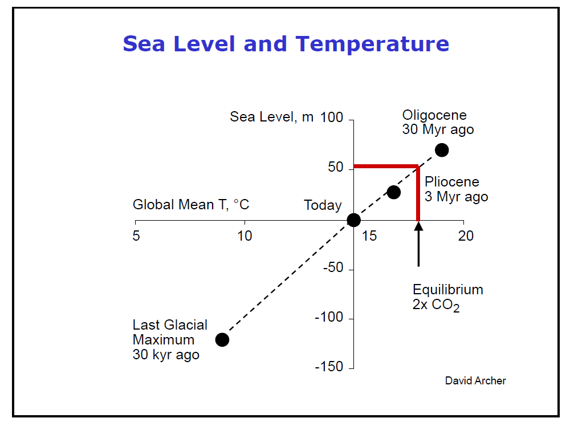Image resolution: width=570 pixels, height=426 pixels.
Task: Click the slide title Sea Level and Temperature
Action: [x=286, y=44]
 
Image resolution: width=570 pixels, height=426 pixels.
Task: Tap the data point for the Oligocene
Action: [x=441, y=150]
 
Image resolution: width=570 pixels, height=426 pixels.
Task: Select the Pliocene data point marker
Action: [x=393, y=192]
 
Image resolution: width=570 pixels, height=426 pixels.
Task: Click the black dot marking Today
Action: [x=353, y=220]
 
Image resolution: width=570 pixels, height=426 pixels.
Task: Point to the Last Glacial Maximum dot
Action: [x=222, y=340]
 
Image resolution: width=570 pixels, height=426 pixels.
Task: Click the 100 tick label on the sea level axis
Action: [x=332, y=118]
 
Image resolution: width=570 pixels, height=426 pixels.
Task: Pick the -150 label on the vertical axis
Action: [x=329, y=367]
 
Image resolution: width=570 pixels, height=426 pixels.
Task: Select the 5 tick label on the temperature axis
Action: [x=136, y=236]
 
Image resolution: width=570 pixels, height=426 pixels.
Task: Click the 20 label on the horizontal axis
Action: [x=466, y=236]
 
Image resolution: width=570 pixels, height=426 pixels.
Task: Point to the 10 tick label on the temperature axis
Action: [x=245, y=236]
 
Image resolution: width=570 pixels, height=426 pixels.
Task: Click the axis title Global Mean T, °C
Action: [x=191, y=205]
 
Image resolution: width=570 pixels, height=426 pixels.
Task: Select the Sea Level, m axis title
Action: [x=272, y=117]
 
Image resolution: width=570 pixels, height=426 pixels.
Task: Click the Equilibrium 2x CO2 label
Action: [x=447, y=297]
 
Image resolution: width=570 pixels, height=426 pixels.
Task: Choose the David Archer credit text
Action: [x=475, y=380]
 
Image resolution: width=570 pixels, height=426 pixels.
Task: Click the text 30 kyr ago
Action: [x=166, y=355]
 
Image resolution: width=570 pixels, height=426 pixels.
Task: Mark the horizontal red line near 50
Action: [x=385, y=167]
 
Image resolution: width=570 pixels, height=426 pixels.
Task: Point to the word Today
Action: [x=323, y=205]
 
